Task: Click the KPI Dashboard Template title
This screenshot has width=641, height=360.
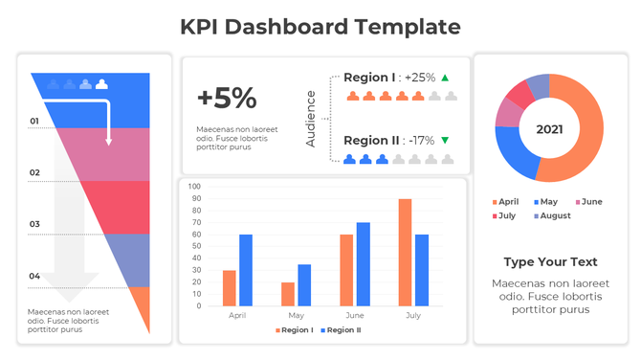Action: [x=320, y=26]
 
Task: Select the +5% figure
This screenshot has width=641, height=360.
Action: [x=227, y=98]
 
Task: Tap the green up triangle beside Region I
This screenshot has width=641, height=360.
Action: [x=445, y=78]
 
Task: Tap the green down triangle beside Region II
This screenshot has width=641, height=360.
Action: [x=445, y=141]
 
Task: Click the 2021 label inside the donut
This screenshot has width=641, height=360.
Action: [x=549, y=128]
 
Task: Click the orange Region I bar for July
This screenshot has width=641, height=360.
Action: [x=405, y=253]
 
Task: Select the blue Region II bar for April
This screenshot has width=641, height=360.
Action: [x=246, y=270]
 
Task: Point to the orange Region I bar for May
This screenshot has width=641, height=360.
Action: [x=288, y=294]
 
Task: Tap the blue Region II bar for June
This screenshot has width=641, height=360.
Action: [x=363, y=264]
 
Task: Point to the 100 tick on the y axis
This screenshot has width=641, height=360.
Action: [x=194, y=187]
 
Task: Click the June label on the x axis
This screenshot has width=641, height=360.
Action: [x=354, y=315]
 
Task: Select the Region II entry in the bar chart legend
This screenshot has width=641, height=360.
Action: [x=340, y=330]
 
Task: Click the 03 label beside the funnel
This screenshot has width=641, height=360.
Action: [x=34, y=225]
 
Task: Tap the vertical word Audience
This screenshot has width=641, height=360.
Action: [x=311, y=118]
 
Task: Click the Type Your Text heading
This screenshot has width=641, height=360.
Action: [x=550, y=261]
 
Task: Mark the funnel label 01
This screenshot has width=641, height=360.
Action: [x=34, y=122]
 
